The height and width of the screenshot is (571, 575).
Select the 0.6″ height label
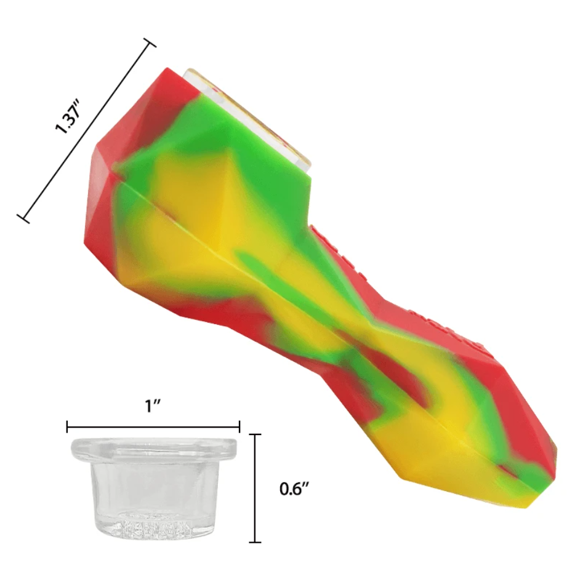[294, 489]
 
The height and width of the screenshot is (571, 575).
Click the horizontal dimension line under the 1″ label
[153, 427]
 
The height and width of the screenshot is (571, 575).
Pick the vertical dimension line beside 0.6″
[255, 488]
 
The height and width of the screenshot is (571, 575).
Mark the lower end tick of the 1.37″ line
[24, 218]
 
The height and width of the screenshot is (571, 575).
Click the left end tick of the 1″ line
[68, 427]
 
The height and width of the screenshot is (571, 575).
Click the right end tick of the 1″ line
[239, 427]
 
